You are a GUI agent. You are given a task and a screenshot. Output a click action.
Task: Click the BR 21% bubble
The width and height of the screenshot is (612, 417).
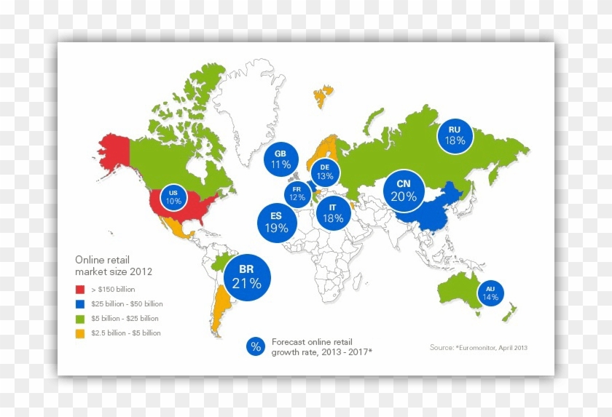coord(247,277)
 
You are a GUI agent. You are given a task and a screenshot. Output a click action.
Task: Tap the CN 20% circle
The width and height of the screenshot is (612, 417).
coord(403,190)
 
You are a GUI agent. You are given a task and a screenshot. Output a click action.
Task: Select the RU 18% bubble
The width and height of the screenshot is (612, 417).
coord(455,135)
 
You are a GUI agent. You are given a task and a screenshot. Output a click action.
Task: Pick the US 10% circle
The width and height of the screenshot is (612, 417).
coord(173,197)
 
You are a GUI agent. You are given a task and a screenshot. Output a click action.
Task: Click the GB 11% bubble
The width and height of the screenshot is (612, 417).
coord(280,159)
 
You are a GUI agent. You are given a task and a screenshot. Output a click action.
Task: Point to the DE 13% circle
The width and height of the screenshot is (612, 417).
coord(325,172)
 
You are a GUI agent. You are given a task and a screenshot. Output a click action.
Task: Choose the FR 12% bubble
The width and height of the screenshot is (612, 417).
coord(297,193)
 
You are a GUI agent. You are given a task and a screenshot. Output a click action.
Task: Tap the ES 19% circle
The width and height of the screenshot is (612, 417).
coord(275,221)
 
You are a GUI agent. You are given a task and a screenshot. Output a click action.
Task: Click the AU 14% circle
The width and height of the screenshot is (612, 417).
coord(490,293)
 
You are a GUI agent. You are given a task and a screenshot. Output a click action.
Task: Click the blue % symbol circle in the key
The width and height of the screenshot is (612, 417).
coord(256,346)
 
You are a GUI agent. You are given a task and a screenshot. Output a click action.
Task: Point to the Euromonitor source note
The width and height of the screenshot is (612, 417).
coord(478,348)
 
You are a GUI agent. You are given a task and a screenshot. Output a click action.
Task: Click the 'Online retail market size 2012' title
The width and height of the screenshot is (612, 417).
coord(114,266)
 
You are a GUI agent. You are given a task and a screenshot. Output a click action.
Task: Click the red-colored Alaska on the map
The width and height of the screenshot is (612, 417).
coord(113,151)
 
